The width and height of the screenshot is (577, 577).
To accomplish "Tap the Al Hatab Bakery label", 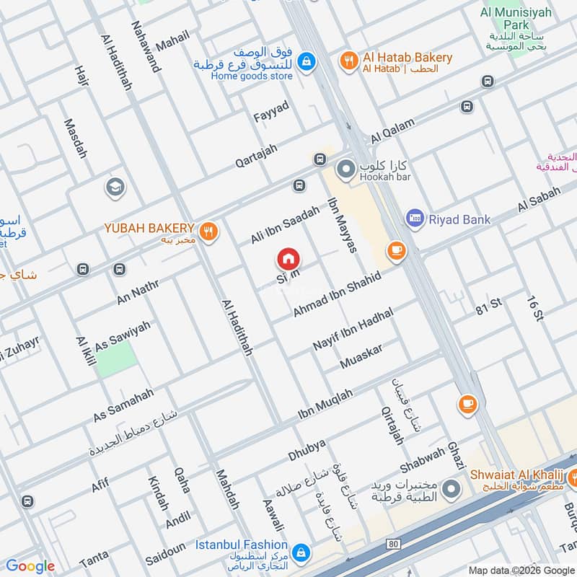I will (408, 58).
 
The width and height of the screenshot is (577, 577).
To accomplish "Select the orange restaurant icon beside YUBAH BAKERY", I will (208, 230).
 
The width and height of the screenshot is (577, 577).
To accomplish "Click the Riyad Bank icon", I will (415, 219).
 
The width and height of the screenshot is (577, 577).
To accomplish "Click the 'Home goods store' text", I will (242, 76).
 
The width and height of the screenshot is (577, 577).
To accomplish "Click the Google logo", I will (30, 566).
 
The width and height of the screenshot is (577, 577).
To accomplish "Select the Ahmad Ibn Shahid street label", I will (336, 294).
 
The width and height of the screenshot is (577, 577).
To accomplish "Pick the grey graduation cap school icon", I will (114, 188).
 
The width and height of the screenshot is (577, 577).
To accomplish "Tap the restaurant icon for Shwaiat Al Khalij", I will (576, 475).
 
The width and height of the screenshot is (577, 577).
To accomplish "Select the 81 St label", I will (488, 306).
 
